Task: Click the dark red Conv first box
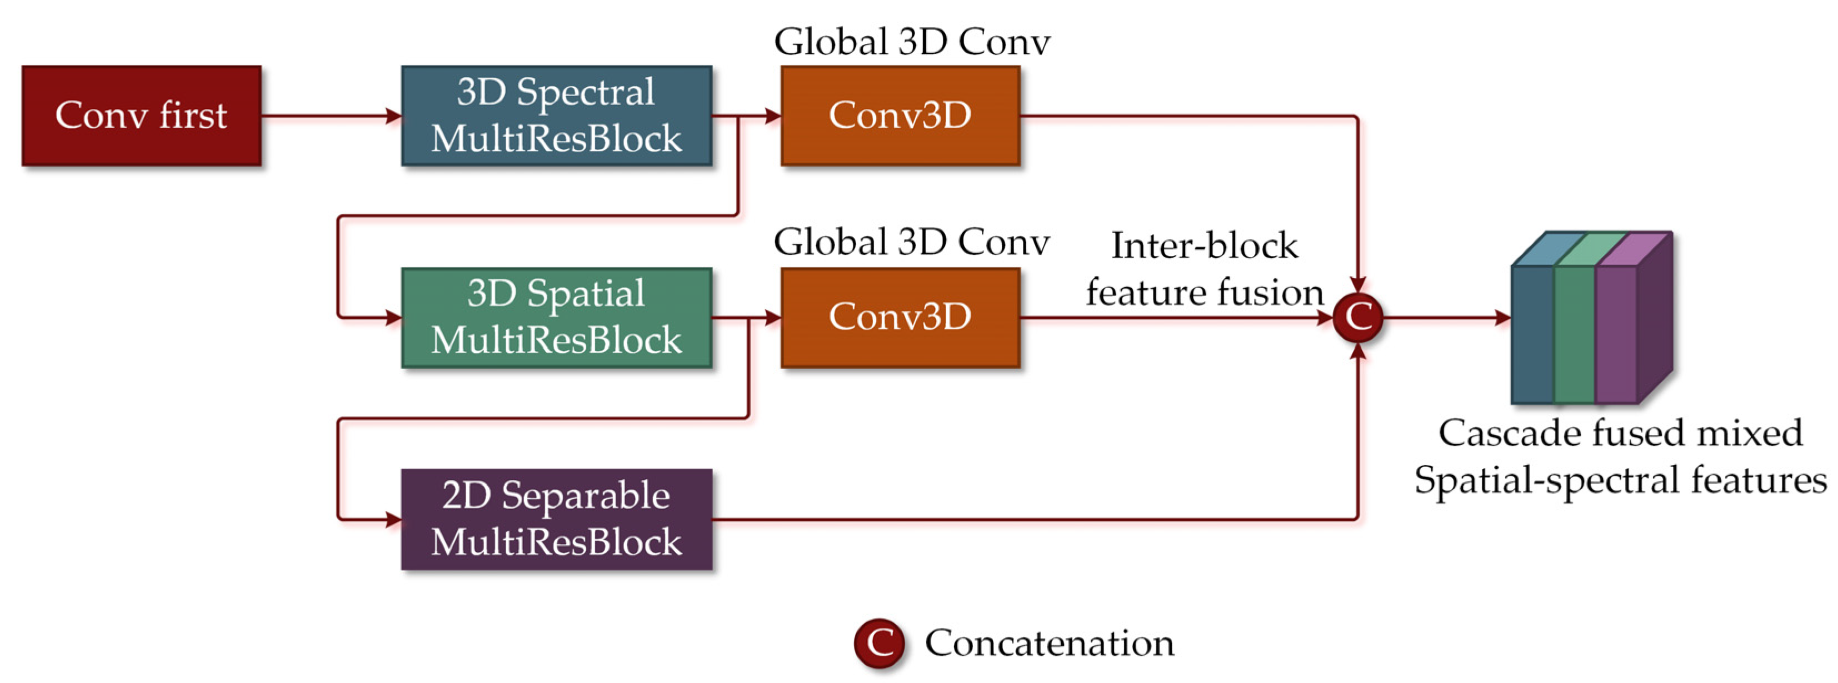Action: pos(141,115)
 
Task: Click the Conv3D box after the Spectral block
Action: pos(900,115)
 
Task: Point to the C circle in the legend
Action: pos(879,643)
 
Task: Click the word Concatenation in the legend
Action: pos(1049,643)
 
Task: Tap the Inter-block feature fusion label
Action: pos(1205,269)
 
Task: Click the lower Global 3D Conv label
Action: pos(912,243)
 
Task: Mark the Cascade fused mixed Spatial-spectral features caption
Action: pos(1620,456)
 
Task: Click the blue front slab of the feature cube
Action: pos(1532,335)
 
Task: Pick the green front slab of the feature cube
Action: pos(1574,335)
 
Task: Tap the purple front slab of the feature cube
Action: pos(1616,335)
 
